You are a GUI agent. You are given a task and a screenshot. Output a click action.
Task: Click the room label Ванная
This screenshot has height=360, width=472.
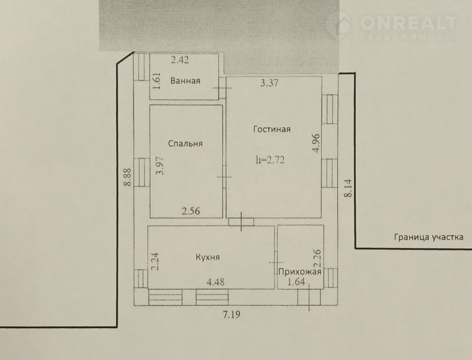185,81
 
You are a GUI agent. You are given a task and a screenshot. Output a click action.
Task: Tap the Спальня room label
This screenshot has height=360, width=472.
185,144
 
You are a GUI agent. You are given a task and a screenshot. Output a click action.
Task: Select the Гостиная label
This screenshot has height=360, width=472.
272,129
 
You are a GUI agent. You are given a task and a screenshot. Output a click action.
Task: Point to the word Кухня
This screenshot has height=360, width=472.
208,257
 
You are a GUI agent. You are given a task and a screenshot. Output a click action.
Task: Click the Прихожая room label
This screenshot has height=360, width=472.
300,272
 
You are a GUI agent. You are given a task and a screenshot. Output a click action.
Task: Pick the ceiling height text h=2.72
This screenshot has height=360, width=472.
270,160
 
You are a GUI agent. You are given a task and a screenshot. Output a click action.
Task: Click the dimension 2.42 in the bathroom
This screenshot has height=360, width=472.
180,60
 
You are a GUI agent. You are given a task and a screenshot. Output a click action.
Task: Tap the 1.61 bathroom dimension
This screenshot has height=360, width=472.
157,81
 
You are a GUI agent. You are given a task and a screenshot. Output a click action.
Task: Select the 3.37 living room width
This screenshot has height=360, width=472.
269,83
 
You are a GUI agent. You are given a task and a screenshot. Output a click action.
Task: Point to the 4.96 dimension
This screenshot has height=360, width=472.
316,143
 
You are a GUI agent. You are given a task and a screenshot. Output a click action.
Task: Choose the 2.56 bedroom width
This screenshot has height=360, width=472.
191,210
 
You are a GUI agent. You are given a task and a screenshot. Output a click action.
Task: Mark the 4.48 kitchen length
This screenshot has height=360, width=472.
215,282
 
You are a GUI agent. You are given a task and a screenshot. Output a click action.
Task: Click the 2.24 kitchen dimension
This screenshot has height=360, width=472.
155,261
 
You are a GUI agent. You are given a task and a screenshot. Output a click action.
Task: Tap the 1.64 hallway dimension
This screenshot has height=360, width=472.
297,282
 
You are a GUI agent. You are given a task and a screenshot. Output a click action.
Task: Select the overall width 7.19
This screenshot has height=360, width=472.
232,315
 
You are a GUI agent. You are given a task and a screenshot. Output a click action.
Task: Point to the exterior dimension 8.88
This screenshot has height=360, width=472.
128,177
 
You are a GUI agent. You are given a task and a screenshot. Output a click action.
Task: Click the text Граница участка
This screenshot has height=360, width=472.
429,237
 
